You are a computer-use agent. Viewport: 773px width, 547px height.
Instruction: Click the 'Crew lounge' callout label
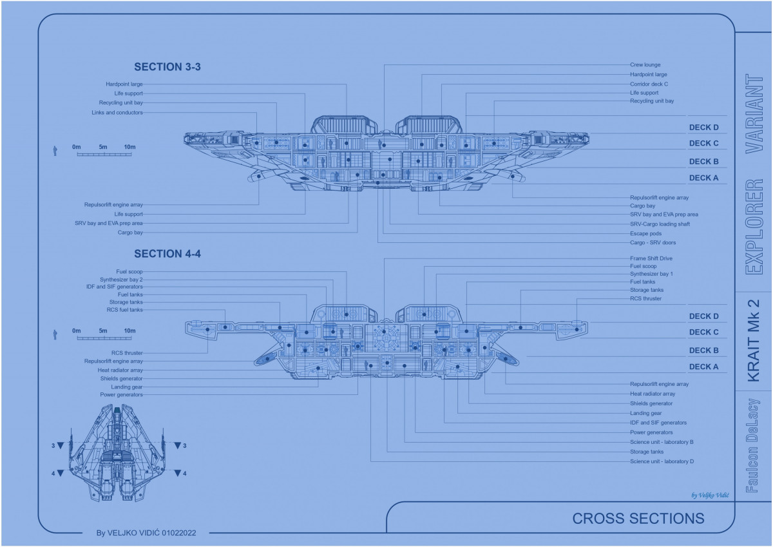pyautogui.click(x=645, y=65)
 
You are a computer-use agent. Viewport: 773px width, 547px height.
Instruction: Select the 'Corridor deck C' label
pyautogui.click(x=649, y=84)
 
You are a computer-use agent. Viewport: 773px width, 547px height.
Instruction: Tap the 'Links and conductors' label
pyautogui.click(x=117, y=113)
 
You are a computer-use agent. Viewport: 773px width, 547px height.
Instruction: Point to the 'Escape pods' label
pyautogui.click(x=645, y=233)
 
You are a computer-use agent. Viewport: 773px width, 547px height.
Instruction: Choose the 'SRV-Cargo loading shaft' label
pyautogui.click(x=660, y=224)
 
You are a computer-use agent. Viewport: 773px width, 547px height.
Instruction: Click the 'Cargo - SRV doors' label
pyautogui.click(x=653, y=243)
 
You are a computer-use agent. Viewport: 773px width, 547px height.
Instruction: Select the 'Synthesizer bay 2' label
pyautogui.click(x=121, y=280)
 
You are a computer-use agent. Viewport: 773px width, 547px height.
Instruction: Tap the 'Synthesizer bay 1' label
pyautogui.click(x=651, y=274)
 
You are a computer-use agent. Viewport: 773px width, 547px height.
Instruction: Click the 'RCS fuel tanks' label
pyautogui.click(x=125, y=310)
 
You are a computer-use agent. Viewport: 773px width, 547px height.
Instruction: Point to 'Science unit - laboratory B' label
pyautogui.click(x=662, y=442)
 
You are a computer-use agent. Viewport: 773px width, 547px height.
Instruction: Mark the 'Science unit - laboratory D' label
pyautogui.click(x=662, y=461)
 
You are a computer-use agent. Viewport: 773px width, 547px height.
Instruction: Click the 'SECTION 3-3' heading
pyautogui.click(x=167, y=67)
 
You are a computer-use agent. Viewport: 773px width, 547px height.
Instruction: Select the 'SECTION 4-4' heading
pyautogui.click(x=167, y=254)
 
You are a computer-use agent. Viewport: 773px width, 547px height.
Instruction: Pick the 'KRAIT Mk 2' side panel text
pyautogui.click(x=754, y=340)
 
